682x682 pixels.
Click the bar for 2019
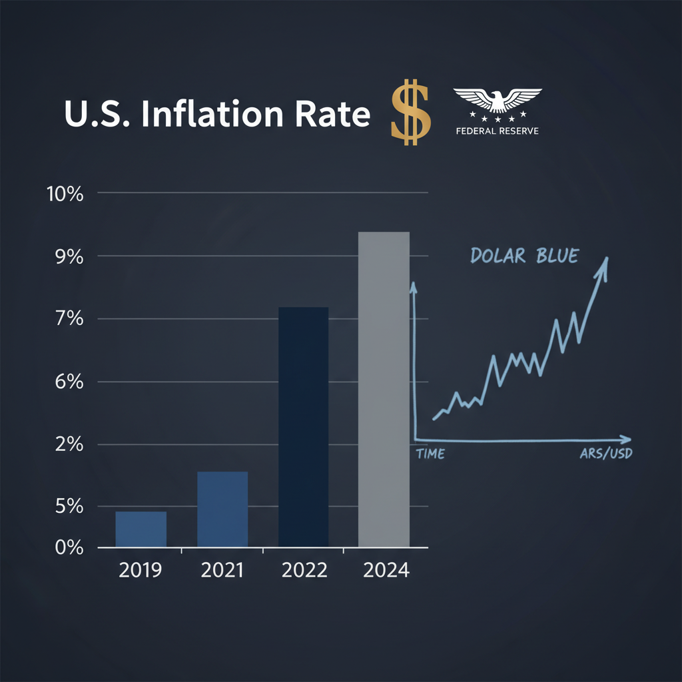click(141, 529)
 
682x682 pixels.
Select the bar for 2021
click(222, 510)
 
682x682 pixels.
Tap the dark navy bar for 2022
click(303, 427)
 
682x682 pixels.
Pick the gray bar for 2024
click(384, 390)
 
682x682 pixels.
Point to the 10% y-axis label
click(65, 195)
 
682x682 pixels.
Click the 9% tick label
click(69, 257)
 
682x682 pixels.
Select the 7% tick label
click(69, 320)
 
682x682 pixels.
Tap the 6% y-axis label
click(69, 383)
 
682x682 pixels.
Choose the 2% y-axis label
click(69, 445)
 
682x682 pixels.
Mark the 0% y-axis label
click(69, 547)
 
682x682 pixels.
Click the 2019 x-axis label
click(140, 571)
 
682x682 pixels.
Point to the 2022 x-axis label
click(304, 571)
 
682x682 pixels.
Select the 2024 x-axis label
click(386, 571)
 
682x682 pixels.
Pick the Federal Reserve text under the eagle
click(497, 131)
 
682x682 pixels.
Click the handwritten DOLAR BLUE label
click(523, 256)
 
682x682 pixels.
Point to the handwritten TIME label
click(430, 454)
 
